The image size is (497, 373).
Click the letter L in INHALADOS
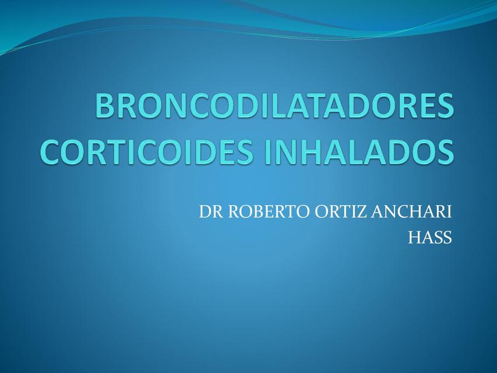355,150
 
